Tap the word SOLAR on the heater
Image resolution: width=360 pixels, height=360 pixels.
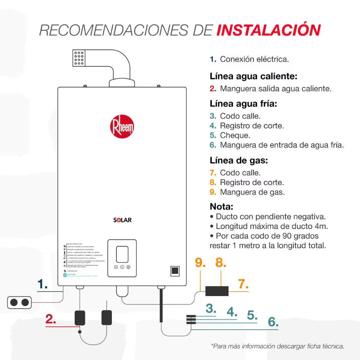[x=123, y=220]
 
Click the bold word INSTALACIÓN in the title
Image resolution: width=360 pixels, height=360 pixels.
[x=268, y=30]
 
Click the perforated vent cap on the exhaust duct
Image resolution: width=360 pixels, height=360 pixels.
[x=80, y=59]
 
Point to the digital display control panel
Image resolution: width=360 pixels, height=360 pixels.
[x=122, y=258]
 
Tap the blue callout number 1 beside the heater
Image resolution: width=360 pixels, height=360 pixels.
[x=43, y=285]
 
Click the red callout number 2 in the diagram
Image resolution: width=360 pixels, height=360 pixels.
[x=51, y=319]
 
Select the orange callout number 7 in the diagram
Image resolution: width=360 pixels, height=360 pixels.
[x=243, y=284]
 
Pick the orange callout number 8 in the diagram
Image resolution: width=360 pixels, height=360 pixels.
[x=221, y=263]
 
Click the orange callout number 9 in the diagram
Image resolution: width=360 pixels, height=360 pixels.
[x=200, y=263]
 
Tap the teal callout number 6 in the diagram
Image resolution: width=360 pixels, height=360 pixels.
[x=273, y=322]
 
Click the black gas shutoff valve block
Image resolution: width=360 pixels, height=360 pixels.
[x=217, y=291]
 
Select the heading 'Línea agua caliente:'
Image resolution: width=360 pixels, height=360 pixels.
[x=254, y=76]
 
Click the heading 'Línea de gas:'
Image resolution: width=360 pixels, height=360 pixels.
[x=239, y=160]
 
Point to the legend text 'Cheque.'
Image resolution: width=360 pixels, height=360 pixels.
[x=235, y=135]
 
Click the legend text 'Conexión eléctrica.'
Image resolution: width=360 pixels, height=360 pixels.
[x=254, y=59]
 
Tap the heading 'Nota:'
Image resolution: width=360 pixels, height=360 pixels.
[x=221, y=206]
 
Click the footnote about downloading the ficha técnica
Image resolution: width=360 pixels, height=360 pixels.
[x=277, y=346]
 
